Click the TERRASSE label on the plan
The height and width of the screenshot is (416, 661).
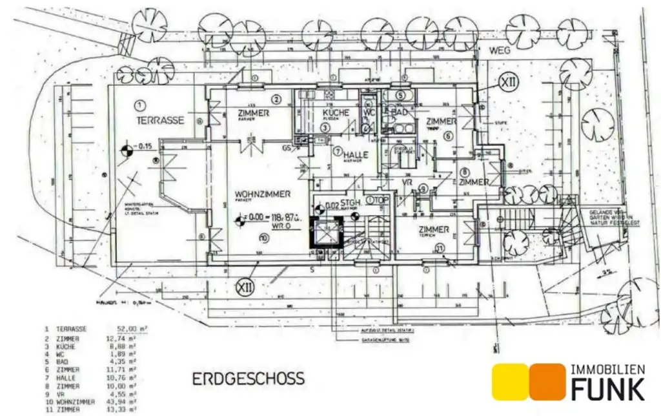(x=160, y=120)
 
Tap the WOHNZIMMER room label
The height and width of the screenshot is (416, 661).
(x=262, y=194)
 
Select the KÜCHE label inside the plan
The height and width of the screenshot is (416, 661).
(x=336, y=113)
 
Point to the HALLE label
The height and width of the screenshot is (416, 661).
(x=356, y=155)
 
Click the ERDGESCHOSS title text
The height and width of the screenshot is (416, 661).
(x=249, y=379)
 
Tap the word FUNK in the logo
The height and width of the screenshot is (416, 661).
(x=606, y=390)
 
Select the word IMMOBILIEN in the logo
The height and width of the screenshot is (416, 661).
(x=607, y=369)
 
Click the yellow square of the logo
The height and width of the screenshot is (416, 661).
(x=511, y=382)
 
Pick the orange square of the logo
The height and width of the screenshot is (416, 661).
(x=547, y=382)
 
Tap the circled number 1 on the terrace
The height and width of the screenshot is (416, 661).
(x=139, y=104)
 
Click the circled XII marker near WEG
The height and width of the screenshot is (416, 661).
(x=509, y=82)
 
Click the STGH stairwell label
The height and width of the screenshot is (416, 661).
(x=350, y=201)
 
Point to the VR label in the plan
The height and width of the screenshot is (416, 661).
(x=407, y=183)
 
